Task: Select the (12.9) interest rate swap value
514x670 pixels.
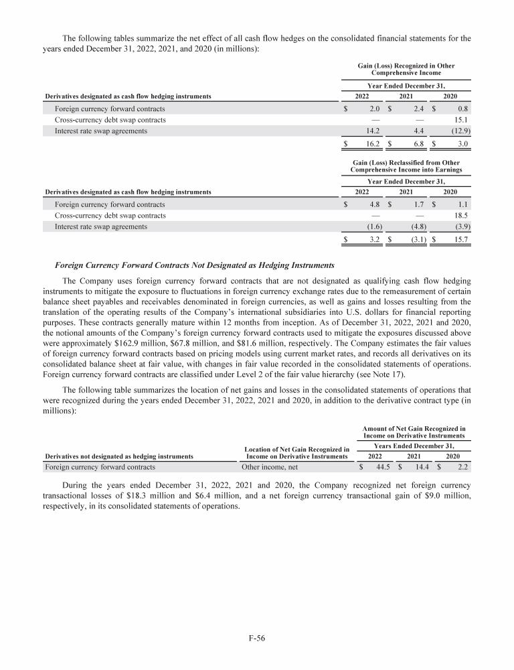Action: (x=460, y=131)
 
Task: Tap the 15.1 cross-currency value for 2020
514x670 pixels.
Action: (x=461, y=120)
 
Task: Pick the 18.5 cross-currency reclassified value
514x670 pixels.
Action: (x=461, y=216)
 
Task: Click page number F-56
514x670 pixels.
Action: (x=257, y=639)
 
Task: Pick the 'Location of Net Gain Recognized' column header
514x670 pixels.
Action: (x=294, y=452)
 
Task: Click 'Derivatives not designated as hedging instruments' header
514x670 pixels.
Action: (x=119, y=456)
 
